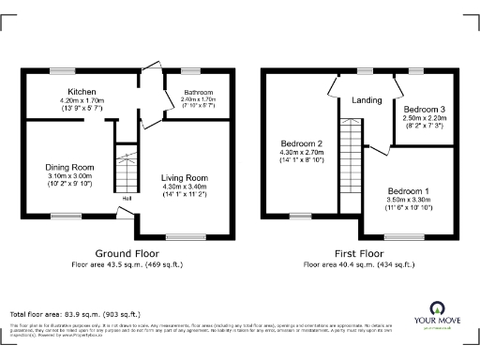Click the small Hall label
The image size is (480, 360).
(x=125, y=198)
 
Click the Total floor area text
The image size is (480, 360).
(x=75, y=313)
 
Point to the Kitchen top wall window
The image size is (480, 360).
(x=63, y=70)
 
